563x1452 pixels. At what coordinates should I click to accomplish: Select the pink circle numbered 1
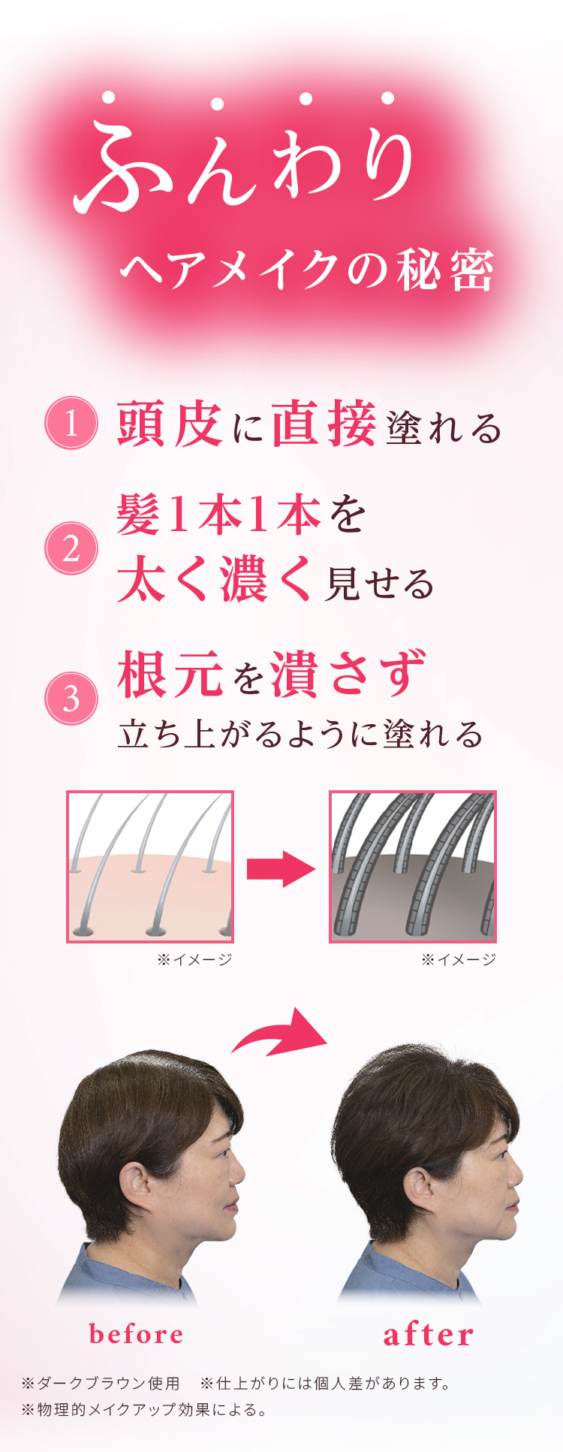pos(71,423)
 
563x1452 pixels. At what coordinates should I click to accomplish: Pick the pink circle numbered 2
pos(71,548)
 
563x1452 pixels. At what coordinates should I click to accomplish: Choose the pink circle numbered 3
pos(71,699)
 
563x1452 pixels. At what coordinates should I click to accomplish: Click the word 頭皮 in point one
pos(170,424)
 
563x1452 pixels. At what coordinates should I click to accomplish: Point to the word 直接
pos(324,424)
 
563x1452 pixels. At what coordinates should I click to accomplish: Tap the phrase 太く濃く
pos(214,580)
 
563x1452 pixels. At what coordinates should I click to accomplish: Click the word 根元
pos(170,674)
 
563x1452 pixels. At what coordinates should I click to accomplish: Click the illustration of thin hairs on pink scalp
pos(150,866)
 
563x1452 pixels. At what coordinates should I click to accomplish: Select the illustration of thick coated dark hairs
pos(413,866)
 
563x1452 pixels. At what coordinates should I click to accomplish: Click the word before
pos(136,1334)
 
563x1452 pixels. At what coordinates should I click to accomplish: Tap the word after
pos(429,1335)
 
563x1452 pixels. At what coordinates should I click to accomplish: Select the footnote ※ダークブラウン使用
pos(101,1383)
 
